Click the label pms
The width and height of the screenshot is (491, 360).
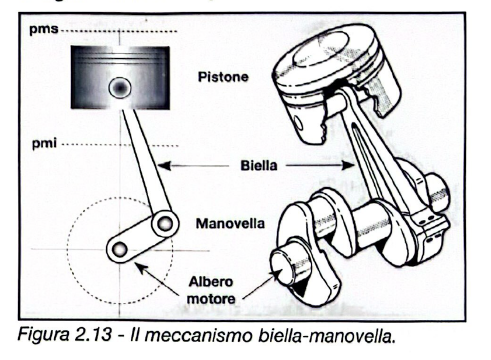pos(44,29)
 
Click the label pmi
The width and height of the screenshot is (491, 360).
pos(44,144)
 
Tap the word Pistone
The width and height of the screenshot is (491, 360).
pos(223,77)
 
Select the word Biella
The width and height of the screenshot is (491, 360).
pos(259,165)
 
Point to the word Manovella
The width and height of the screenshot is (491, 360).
pos(230,223)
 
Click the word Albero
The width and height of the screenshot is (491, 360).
pos(211,282)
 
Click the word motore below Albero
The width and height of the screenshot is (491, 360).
pos(211,298)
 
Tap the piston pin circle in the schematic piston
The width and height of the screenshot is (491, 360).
pos(120,87)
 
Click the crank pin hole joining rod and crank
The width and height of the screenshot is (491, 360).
pos(165,223)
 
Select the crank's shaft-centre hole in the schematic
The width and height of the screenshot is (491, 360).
pos(120,249)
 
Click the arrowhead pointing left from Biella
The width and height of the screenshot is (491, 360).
pos(164,165)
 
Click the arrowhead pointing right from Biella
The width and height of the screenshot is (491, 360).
pos(348,165)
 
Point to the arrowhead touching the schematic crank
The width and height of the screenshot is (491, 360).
pos(140,267)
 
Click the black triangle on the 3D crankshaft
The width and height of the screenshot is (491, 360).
pos(300,288)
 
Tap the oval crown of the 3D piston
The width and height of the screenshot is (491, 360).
pos(321,49)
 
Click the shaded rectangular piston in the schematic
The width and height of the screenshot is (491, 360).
pos(120,78)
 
